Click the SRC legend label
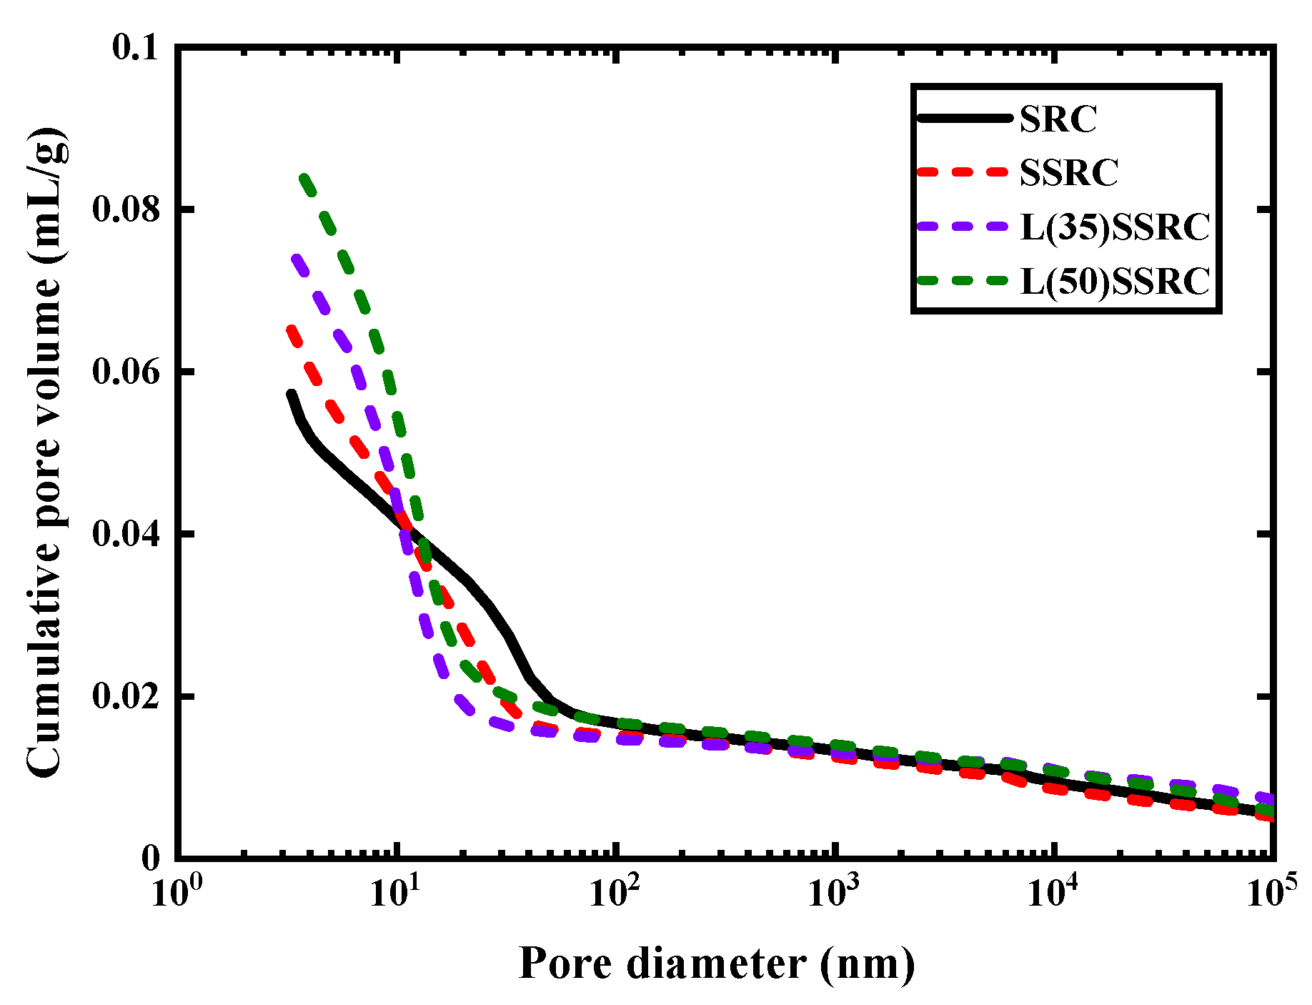click(1058, 119)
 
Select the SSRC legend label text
click(1068, 172)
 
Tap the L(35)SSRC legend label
click(1115, 227)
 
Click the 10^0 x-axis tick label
click(176, 891)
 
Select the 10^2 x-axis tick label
click(615, 891)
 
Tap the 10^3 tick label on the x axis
click(834, 891)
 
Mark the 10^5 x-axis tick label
click(1272, 891)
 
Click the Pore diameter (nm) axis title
click(716, 963)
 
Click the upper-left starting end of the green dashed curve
click(304, 177)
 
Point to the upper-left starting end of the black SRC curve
click(291, 394)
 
